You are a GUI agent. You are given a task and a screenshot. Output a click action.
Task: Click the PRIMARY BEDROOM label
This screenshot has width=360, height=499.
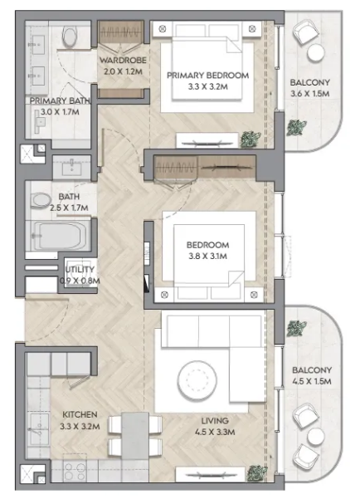tap(207, 76)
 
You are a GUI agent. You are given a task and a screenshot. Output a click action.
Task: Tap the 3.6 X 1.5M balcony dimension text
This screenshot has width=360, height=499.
tap(309, 94)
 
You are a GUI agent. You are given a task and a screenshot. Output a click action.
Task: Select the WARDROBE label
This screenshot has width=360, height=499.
tap(123, 60)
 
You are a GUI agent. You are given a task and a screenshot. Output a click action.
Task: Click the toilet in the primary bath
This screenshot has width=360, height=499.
tap(70, 36)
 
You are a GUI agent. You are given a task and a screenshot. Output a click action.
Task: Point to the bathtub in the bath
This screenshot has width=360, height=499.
tap(61, 236)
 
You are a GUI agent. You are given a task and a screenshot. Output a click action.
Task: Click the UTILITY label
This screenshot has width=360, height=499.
tap(80, 270)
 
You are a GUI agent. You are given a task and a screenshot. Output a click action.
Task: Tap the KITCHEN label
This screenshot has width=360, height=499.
tap(80, 414)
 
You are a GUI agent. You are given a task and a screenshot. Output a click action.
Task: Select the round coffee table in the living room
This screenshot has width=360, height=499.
tap(197, 379)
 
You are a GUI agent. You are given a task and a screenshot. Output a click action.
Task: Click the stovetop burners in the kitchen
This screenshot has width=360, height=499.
tap(75, 472)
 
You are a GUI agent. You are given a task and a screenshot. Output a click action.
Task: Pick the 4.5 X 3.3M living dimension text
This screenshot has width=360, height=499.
tap(215, 432)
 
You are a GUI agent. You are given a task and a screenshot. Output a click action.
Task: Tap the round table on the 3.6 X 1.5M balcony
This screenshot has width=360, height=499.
tap(315, 52)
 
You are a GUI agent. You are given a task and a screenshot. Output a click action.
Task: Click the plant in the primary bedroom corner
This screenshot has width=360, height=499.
tap(251, 139)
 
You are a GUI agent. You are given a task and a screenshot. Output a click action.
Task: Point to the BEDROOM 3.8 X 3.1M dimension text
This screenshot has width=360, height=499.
tap(207, 257)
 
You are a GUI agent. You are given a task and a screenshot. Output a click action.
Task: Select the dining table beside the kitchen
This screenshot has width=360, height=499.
tap(135, 436)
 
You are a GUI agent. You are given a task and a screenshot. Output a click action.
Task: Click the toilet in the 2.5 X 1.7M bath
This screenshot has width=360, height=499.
tap(41, 201)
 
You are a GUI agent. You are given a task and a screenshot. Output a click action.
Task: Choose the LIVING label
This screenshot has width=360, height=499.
tap(215, 421)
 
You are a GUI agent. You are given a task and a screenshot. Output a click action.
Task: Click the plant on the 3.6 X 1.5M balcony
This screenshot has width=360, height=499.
tap(297, 127)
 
